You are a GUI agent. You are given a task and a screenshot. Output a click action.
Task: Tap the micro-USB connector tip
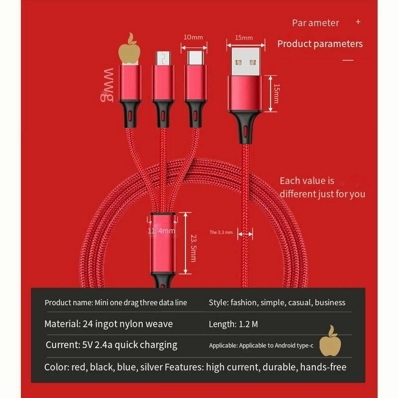pyautogui.click(x=163, y=58)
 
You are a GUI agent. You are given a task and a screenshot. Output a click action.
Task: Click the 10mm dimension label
pyautogui.click(x=194, y=37)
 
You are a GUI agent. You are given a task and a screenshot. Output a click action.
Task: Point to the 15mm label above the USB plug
pyautogui.click(x=244, y=37)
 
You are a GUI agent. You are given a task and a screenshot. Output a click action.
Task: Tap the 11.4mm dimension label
pyautogui.click(x=161, y=231)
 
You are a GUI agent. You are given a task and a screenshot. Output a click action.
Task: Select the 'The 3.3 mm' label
pyautogui.click(x=221, y=232)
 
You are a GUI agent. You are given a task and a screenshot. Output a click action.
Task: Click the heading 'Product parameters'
pyautogui.click(x=320, y=44)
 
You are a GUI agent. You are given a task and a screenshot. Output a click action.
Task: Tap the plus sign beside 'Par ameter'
pyautogui.click(x=358, y=22)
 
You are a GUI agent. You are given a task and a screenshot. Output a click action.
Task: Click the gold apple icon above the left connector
pyautogui.click(x=130, y=49)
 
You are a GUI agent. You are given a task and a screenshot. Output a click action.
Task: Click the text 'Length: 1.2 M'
pyautogui.click(x=233, y=324)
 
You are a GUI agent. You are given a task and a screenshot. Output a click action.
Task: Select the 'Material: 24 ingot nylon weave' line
pyautogui.click(x=108, y=324)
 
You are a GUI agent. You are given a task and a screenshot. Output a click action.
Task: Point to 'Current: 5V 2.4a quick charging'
pyautogui.click(x=111, y=345)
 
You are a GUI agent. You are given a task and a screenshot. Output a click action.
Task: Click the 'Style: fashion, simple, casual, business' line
pyautogui.click(x=277, y=302)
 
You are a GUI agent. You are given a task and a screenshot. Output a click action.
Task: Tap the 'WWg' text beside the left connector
pyautogui.click(x=109, y=84)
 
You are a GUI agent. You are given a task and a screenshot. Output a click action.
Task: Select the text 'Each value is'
pyautogui.click(x=307, y=181)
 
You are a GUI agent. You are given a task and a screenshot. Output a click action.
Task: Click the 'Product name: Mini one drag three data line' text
pyautogui.click(x=116, y=302)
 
